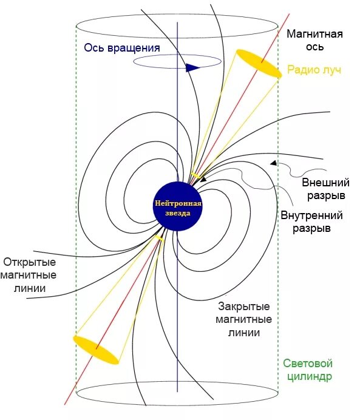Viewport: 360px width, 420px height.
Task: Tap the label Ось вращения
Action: pos(122,49)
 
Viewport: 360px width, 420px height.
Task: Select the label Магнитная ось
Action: pos(314,40)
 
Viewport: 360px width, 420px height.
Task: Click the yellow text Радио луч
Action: pos(314,70)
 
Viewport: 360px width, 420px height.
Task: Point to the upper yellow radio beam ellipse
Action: pos(259,64)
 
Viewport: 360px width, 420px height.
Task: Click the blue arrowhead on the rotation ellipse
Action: pos(192,67)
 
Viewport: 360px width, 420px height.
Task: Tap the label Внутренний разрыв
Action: pos(311,222)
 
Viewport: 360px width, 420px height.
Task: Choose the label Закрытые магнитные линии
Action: pos(243,319)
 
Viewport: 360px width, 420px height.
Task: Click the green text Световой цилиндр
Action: pos(308,370)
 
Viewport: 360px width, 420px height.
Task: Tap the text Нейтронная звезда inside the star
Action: pos(177,208)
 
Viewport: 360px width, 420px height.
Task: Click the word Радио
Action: pos(301,70)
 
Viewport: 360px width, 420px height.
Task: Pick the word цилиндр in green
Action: pos(308,376)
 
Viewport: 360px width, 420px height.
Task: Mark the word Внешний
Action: pos(326,182)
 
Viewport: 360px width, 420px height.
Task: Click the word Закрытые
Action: pos(243,307)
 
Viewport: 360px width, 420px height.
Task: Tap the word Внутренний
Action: pos(311,215)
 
